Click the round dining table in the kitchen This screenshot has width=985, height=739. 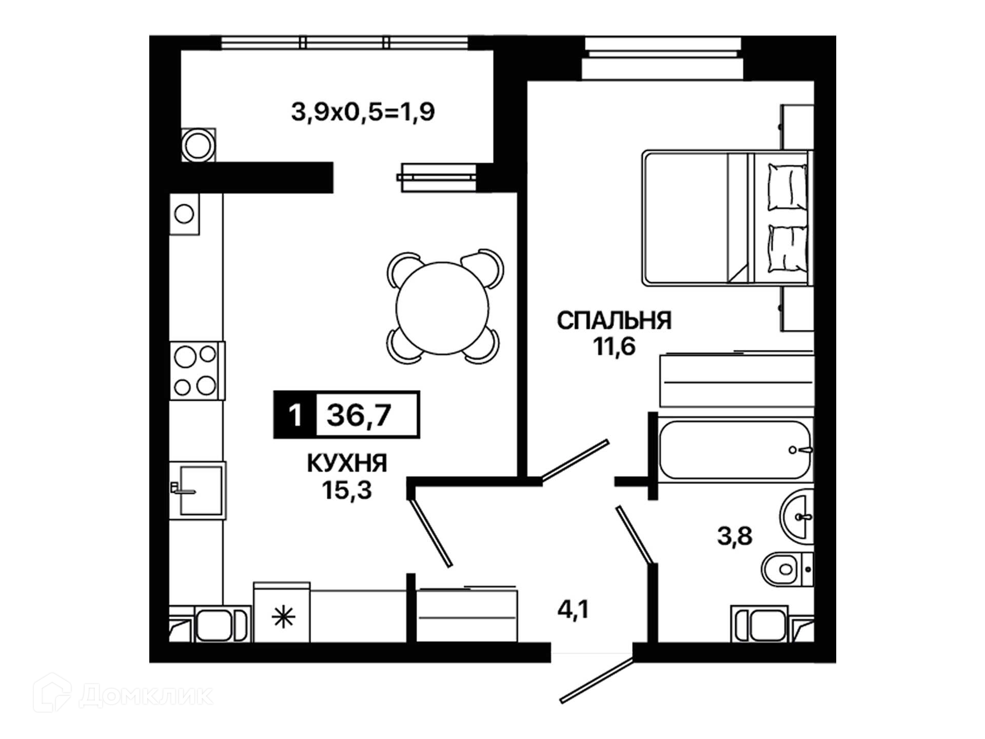(442, 308)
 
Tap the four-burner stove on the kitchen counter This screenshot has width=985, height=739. (197, 371)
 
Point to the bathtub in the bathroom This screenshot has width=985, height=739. (735, 450)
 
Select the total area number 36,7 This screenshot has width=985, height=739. (359, 415)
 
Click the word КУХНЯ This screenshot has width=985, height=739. (347, 463)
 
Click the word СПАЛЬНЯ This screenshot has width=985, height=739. (614, 321)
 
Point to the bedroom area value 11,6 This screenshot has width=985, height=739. (614, 346)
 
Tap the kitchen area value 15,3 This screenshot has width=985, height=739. (347, 490)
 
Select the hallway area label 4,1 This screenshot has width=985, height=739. (573, 609)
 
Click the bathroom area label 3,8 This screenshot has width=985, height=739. (735, 536)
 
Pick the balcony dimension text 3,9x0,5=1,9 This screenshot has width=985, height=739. (363, 111)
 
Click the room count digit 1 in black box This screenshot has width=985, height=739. (294, 415)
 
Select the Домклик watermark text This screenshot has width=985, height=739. (146, 696)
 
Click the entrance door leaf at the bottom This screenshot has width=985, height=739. (597, 680)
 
